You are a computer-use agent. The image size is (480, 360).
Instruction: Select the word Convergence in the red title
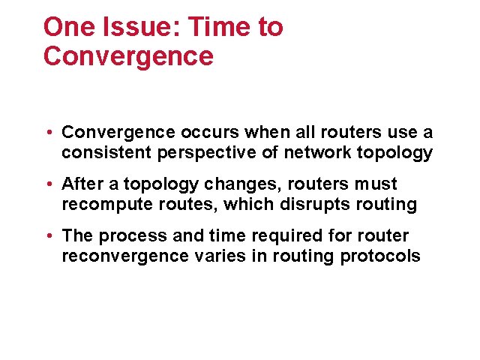[x=128, y=56]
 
